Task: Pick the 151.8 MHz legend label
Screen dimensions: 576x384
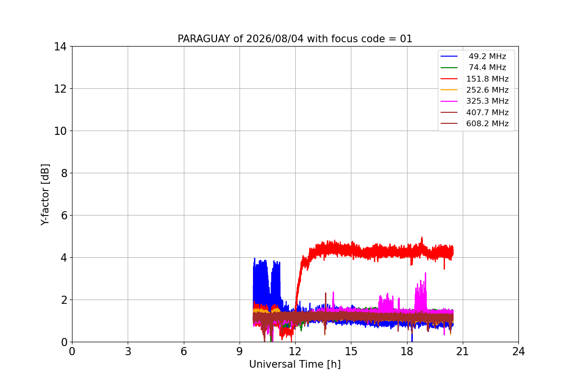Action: click(x=487, y=79)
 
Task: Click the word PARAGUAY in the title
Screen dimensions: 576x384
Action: click(x=204, y=39)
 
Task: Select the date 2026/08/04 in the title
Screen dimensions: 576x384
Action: click(x=275, y=39)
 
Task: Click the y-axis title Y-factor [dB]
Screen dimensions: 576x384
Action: click(x=45, y=194)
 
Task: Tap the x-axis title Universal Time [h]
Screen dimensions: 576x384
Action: click(x=295, y=364)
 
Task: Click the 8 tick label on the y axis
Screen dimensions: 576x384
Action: click(x=64, y=173)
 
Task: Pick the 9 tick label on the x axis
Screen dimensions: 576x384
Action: click(x=240, y=351)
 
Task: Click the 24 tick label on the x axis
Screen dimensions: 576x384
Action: click(x=518, y=351)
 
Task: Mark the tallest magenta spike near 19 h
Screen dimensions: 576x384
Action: click(x=426, y=273)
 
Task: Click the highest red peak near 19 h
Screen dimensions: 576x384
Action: click(x=422, y=238)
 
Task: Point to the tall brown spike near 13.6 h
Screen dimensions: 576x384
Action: click(x=325, y=293)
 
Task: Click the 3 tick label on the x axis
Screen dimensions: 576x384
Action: click(x=128, y=351)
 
